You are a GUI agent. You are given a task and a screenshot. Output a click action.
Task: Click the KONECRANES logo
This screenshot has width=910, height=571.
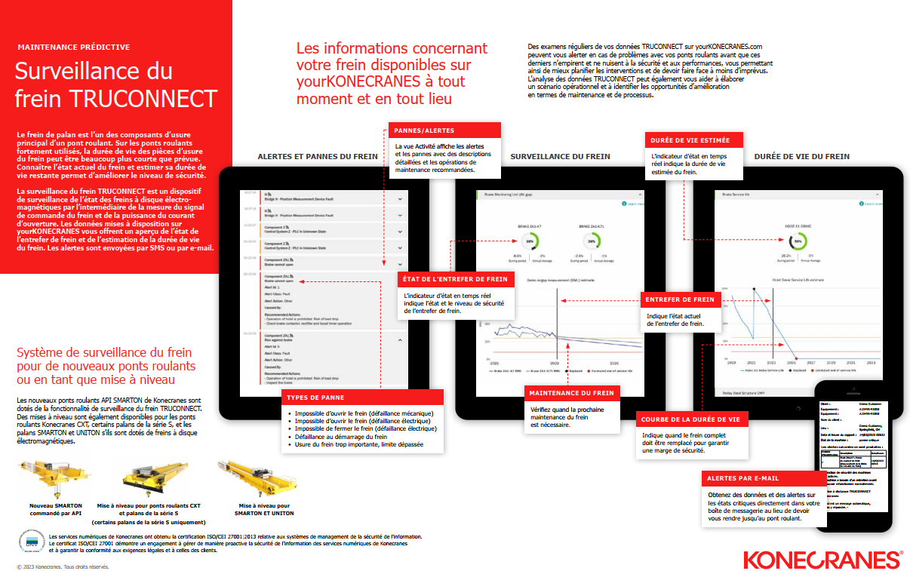pyautogui.click(x=822, y=559)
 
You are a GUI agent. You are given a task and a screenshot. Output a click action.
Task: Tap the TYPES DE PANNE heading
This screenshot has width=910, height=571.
pyautogui.click(x=316, y=398)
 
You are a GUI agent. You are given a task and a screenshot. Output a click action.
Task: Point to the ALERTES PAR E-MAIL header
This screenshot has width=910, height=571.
pyautogui.click(x=742, y=478)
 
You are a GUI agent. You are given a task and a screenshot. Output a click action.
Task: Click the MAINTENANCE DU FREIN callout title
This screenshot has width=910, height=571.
pyautogui.click(x=571, y=393)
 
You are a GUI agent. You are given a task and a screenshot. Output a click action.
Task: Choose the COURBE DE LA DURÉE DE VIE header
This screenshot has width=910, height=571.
pyautogui.click(x=691, y=419)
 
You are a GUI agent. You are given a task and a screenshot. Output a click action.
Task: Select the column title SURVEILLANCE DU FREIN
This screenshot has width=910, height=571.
pyautogui.click(x=560, y=156)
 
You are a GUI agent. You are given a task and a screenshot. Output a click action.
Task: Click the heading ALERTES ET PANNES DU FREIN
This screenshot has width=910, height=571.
pyautogui.click(x=318, y=156)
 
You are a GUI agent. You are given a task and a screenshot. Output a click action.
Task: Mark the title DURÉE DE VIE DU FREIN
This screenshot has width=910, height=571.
pyautogui.click(x=801, y=156)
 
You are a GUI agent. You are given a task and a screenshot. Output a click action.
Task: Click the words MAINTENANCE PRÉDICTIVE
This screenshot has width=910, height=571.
pyautogui.click(x=74, y=47)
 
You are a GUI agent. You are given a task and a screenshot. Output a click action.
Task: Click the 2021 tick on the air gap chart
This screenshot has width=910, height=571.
pyautogui.click(x=495, y=362)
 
